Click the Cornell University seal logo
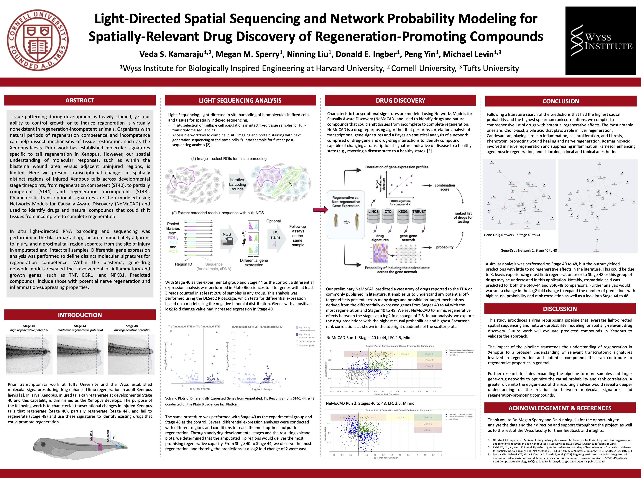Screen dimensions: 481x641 (38, 40)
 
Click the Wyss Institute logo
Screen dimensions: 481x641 (600, 41)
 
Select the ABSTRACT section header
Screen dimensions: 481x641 (80, 100)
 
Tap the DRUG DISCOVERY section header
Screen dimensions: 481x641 (400, 100)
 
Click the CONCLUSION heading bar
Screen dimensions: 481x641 (561, 101)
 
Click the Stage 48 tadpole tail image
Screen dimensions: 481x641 (131, 354)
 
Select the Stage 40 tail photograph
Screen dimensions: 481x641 (29, 354)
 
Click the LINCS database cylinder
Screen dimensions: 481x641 (373, 216)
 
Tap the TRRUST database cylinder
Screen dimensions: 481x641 (419, 216)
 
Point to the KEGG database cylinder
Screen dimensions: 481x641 (403, 216)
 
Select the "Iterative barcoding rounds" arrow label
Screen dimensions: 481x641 (237, 184)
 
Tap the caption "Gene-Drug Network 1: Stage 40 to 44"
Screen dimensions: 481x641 (512, 235)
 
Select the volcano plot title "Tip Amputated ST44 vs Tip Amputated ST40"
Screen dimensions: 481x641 (256, 327)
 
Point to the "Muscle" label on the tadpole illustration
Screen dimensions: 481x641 (91, 436)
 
